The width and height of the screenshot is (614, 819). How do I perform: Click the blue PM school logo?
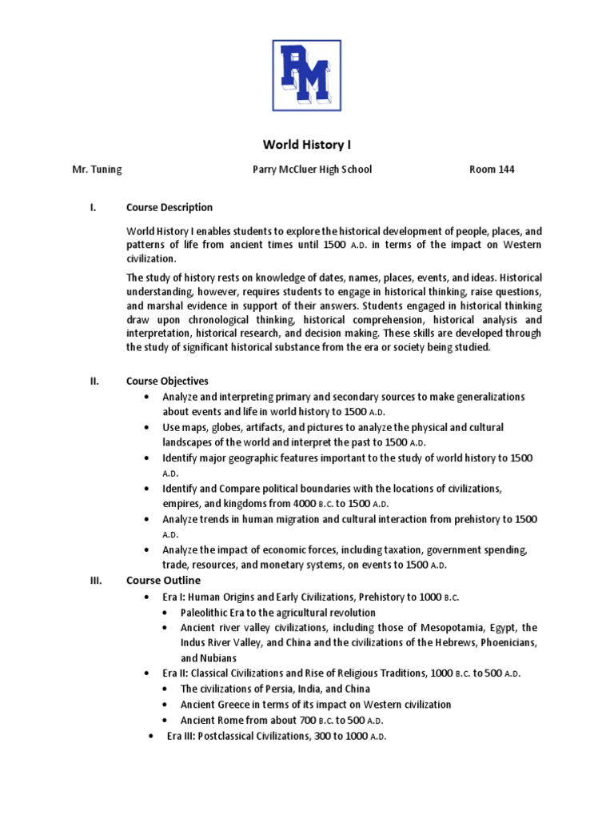click(x=307, y=76)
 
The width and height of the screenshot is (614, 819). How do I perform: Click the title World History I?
click(x=307, y=145)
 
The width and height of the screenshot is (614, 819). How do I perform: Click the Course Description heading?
click(x=169, y=207)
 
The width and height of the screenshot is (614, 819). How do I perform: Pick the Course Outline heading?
click(x=163, y=580)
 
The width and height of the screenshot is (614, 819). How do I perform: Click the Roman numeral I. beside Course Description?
click(x=93, y=207)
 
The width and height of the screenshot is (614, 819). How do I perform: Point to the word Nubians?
click(x=217, y=658)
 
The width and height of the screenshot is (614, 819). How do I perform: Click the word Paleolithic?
click(x=206, y=613)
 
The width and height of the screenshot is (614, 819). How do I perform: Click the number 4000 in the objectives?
click(x=307, y=504)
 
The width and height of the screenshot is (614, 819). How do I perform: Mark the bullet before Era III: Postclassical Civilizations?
click(x=153, y=736)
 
